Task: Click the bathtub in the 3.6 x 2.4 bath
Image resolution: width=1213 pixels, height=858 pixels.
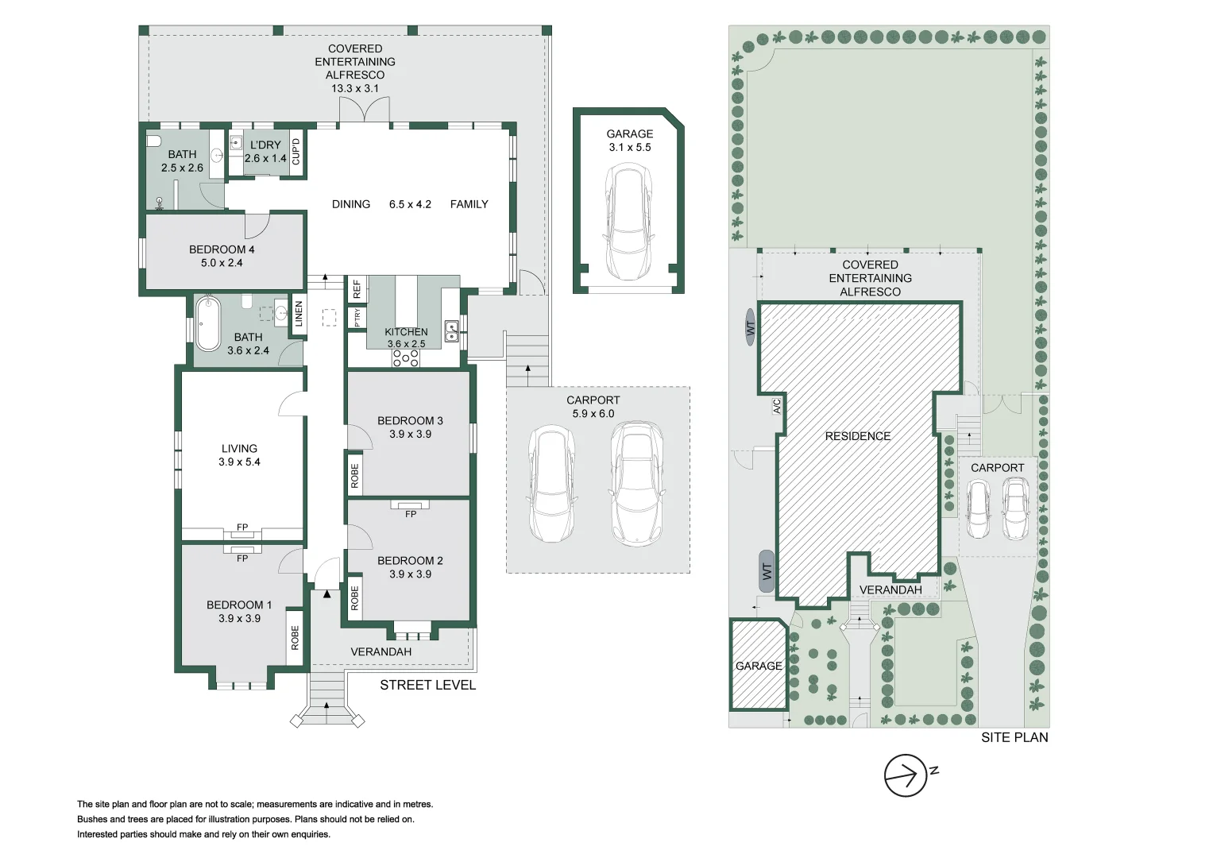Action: pos(208,323)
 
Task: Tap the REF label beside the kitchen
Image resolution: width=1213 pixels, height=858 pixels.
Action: pos(357,288)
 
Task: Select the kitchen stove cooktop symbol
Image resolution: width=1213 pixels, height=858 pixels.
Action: pos(405,359)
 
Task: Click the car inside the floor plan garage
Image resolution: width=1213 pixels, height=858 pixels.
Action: pos(629,221)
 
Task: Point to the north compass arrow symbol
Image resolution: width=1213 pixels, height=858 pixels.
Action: pos(906,775)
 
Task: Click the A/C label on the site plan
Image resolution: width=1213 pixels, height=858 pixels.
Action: pos(777,406)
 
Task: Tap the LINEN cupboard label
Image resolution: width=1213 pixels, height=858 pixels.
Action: pos(299,315)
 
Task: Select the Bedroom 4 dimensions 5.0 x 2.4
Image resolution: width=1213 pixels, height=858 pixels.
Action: pos(222,263)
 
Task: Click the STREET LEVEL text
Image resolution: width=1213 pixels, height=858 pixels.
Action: pos(427,685)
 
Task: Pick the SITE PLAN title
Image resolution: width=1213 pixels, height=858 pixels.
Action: pos(1014,737)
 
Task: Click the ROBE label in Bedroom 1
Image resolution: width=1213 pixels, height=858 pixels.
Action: pos(295,637)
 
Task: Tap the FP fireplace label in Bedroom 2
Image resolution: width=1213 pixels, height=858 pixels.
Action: pos(411,514)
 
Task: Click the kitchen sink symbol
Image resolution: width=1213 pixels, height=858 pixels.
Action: pos(451,330)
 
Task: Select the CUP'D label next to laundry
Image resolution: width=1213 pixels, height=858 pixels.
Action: pos(296,151)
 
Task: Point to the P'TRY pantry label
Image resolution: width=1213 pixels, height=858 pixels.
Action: pos(357,318)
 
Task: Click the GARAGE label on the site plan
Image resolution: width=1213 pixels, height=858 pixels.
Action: pos(759,666)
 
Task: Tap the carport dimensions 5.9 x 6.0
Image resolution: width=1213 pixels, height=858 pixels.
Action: pos(593,414)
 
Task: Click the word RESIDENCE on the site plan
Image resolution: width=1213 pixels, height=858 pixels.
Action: pos(857,436)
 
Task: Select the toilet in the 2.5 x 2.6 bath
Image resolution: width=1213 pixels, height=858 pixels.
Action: pos(154,141)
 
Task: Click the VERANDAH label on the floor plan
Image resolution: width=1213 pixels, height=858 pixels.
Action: pos(381,651)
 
